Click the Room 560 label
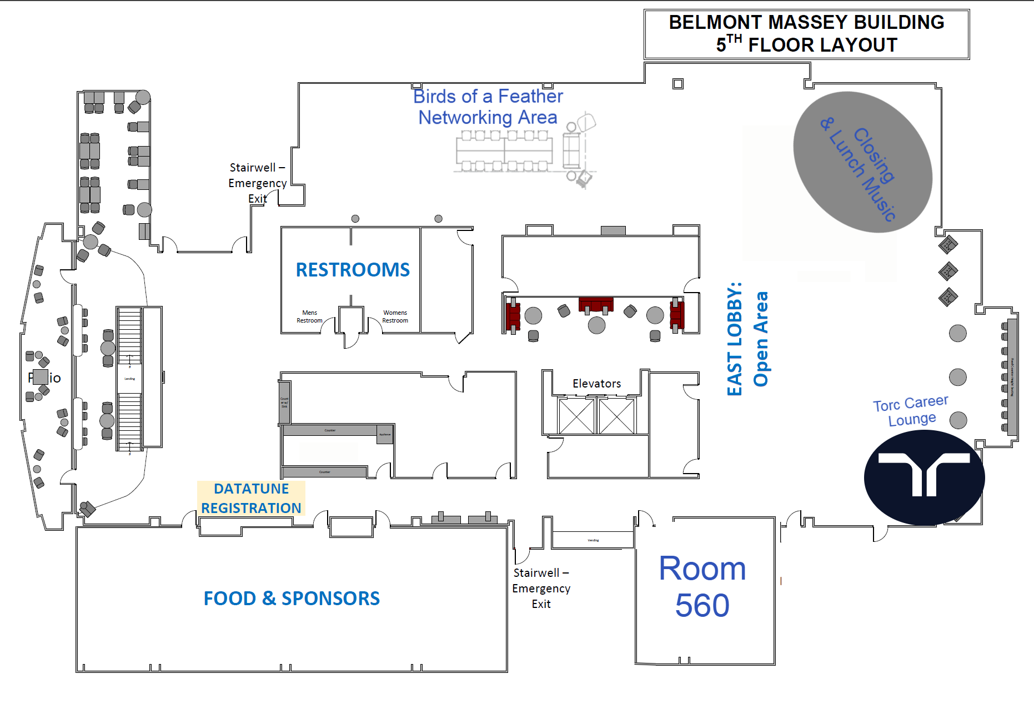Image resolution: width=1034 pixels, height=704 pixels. [702, 586]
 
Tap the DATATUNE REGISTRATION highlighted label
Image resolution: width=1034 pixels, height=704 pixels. [251, 498]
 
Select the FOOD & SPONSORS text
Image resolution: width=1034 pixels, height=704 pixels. [292, 599]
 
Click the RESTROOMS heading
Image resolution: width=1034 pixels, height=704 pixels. [353, 270]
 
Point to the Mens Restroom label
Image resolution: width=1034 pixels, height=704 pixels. [309, 316]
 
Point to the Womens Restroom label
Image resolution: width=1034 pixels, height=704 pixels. [395, 316]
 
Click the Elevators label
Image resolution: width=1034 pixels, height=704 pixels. [596, 384]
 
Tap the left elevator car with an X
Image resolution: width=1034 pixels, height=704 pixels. [576, 416]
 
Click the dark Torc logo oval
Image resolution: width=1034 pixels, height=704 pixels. [924, 477]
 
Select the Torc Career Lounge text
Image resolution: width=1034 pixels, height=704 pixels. [911, 411]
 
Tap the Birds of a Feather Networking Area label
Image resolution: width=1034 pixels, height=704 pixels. [488, 107]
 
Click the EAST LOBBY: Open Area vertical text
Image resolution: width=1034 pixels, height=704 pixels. [747, 339]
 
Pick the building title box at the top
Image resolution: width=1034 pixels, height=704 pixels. [806, 34]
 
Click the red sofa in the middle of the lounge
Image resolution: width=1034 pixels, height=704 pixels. [596, 304]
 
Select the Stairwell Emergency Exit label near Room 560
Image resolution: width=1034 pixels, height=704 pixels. [541, 588]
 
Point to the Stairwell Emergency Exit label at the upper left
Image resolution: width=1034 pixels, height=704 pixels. [257, 183]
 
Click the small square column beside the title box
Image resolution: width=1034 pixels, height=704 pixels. [677, 84]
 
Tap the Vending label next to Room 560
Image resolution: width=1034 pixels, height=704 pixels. [593, 540]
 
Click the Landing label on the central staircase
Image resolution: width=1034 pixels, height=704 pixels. [129, 379]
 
